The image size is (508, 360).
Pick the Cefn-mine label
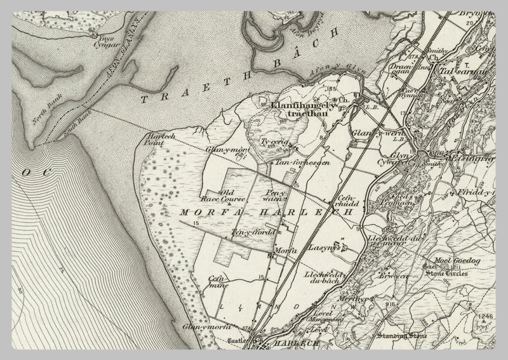pos(218,281)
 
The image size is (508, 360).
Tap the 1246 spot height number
pos(486,317)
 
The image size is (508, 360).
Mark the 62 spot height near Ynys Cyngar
pos(93,29)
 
